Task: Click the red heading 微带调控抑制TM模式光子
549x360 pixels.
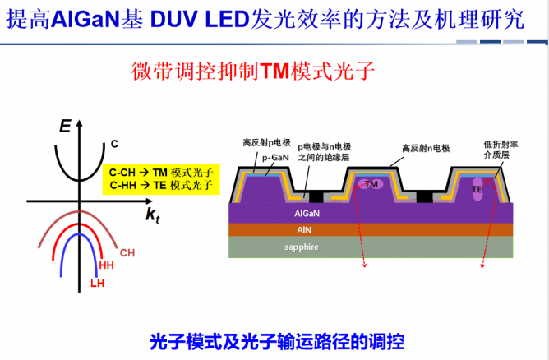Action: pyautogui.click(x=253, y=71)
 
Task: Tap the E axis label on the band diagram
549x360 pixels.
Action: pyautogui.click(x=65, y=126)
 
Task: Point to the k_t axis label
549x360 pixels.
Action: pyautogui.click(x=153, y=215)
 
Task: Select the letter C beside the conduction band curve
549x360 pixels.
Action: pyautogui.click(x=114, y=144)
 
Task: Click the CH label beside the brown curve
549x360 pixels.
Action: pyautogui.click(x=127, y=253)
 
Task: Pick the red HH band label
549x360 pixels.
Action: pyautogui.click(x=107, y=265)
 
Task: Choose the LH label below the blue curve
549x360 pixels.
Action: pyautogui.click(x=97, y=283)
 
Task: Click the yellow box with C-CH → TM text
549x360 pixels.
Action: pyautogui.click(x=161, y=179)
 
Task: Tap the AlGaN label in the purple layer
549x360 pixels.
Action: pyautogui.click(x=307, y=213)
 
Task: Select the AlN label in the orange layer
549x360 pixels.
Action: pyautogui.click(x=304, y=230)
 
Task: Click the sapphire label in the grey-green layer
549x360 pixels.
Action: pyautogui.click(x=302, y=247)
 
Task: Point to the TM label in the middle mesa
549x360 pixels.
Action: pyautogui.click(x=371, y=184)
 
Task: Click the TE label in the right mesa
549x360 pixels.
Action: pyautogui.click(x=477, y=190)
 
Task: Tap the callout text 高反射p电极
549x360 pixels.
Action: pyautogui.click(x=267, y=142)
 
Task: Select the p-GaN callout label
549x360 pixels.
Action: pyautogui.click(x=275, y=158)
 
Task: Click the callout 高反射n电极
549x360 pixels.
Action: pyautogui.click(x=426, y=149)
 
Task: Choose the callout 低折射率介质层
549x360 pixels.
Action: pyautogui.click(x=501, y=150)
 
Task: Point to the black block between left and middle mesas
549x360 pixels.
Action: pyautogui.click(x=316, y=196)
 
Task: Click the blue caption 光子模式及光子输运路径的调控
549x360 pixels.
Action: pyautogui.click(x=277, y=341)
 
